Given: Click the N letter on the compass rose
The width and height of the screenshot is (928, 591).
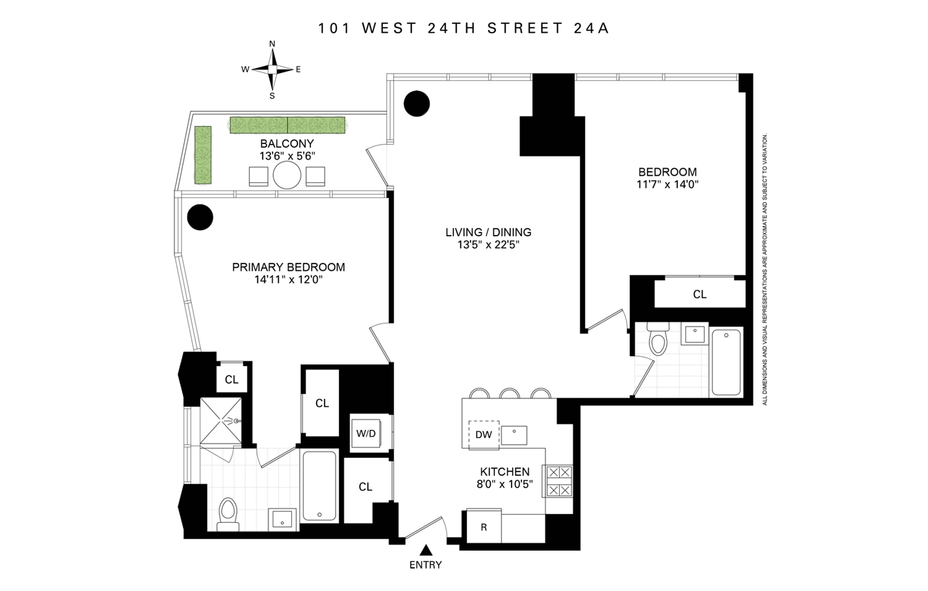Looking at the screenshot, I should click(272, 44).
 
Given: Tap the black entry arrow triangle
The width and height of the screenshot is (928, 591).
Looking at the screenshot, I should click(425, 549).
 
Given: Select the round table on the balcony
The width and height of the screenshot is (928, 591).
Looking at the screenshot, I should click(287, 175).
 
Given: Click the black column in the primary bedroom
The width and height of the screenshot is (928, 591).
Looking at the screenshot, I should click(200, 217).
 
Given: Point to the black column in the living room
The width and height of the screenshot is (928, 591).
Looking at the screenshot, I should click(417, 103).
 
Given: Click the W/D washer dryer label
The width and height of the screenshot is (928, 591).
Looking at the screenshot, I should click(366, 433).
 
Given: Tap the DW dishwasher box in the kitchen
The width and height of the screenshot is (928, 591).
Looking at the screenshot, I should click(484, 435).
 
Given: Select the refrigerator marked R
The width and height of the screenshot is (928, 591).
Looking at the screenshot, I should click(484, 527).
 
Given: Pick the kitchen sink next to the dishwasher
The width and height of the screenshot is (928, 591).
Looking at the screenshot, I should click(514, 435).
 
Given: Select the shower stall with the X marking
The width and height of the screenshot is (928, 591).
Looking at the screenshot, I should click(221, 422).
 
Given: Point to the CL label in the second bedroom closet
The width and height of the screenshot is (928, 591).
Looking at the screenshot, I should click(699, 295).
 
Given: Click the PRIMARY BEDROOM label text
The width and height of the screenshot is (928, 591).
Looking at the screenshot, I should click(288, 267).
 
